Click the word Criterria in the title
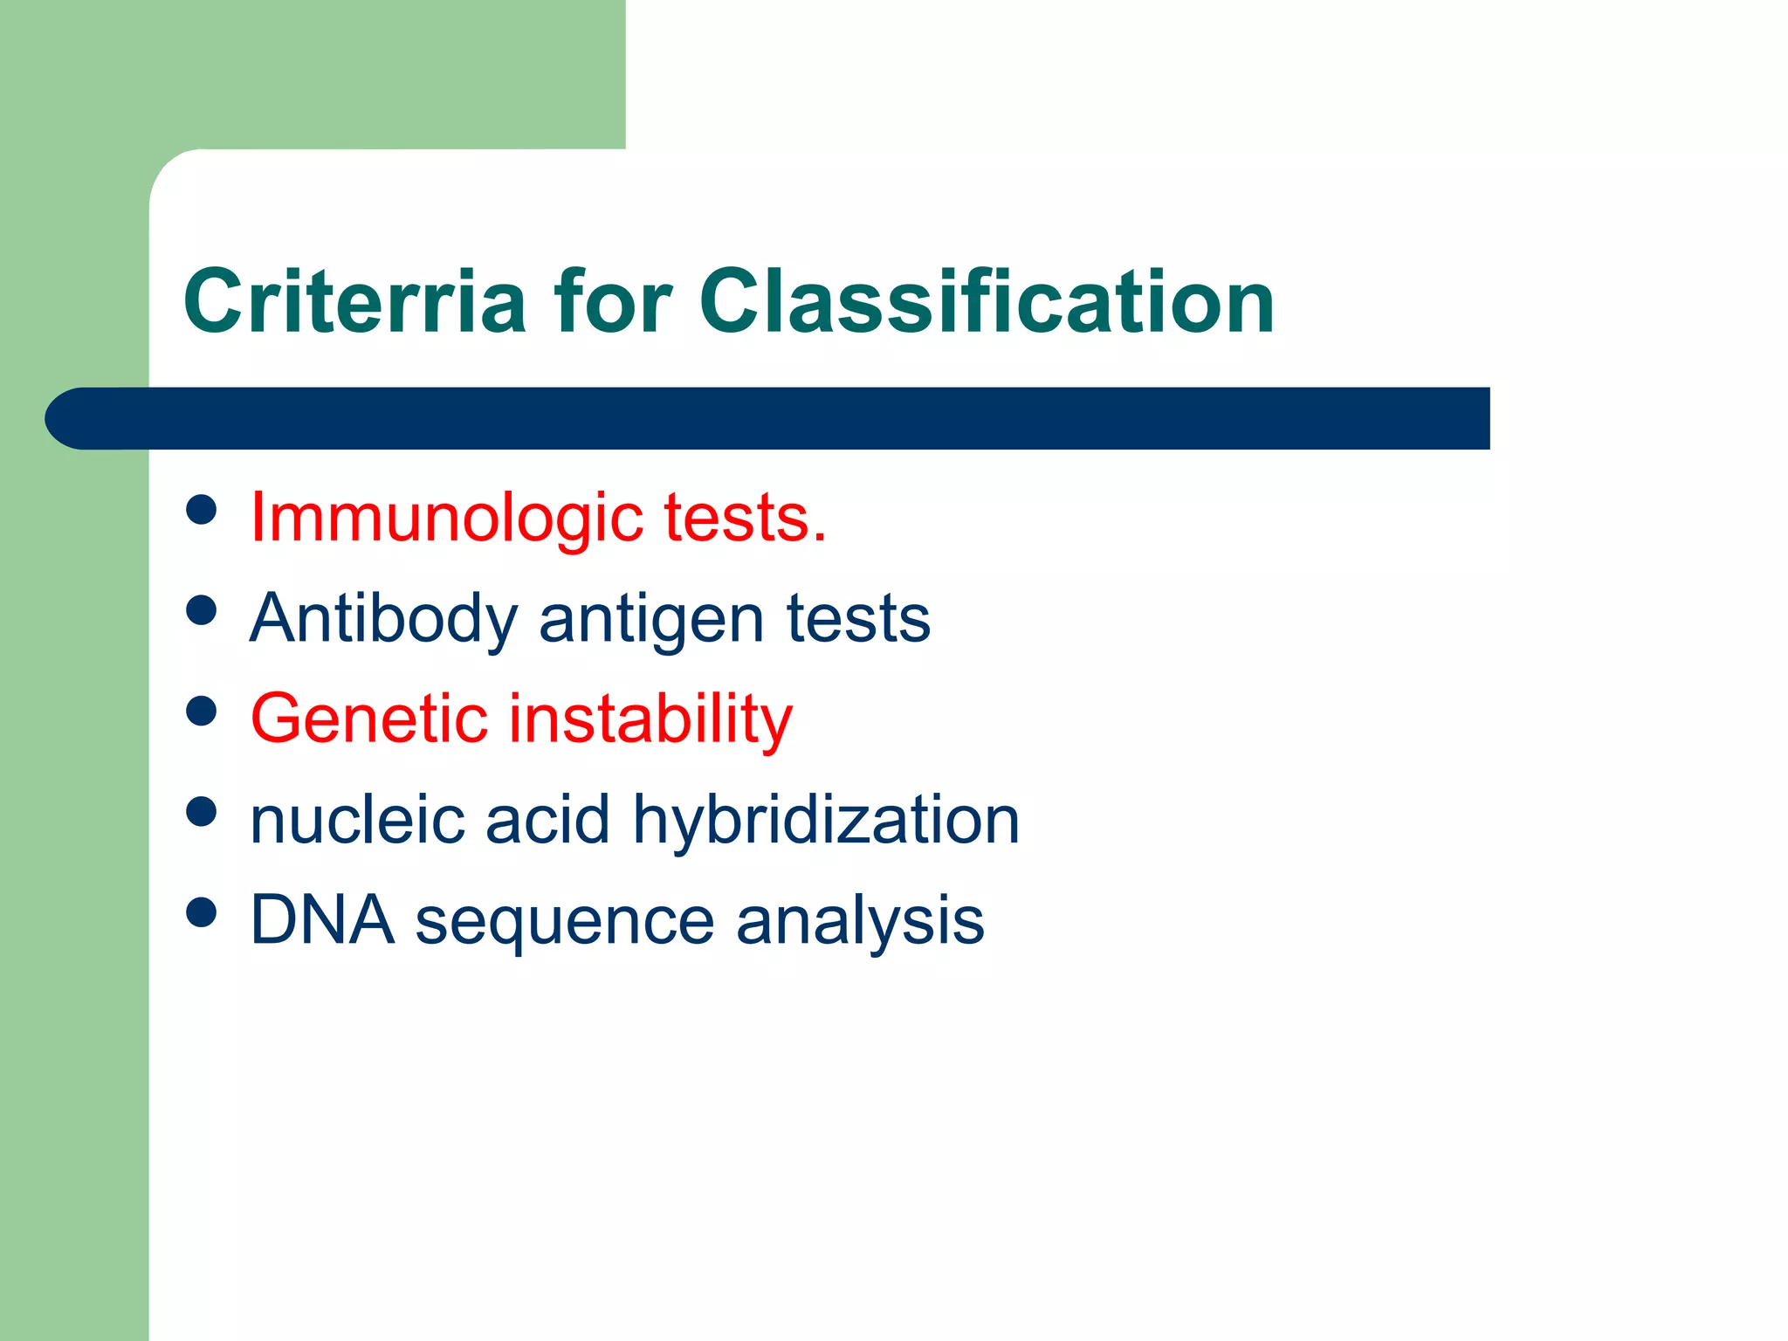pyautogui.click(x=354, y=302)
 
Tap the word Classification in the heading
pyautogui.click(x=987, y=302)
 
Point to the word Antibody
pyautogui.click(x=384, y=619)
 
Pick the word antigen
pyautogui.click(x=651, y=619)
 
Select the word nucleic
pyautogui.click(x=357, y=820)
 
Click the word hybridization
pyautogui.click(x=826, y=820)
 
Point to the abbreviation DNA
pyautogui.click(x=321, y=920)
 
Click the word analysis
pyautogui.click(x=860, y=922)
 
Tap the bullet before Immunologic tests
pyautogui.click(x=202, y=510)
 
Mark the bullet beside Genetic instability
pyautogui.click(x=202, y=711)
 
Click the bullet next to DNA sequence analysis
pyautogui.click(x=202, y=912)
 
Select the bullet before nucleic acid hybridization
pyautogui.click(x=202, y=812)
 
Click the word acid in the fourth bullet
pyautogui.click(x=547, y=820)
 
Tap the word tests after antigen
pyautogui.click(x=858, y=619)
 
